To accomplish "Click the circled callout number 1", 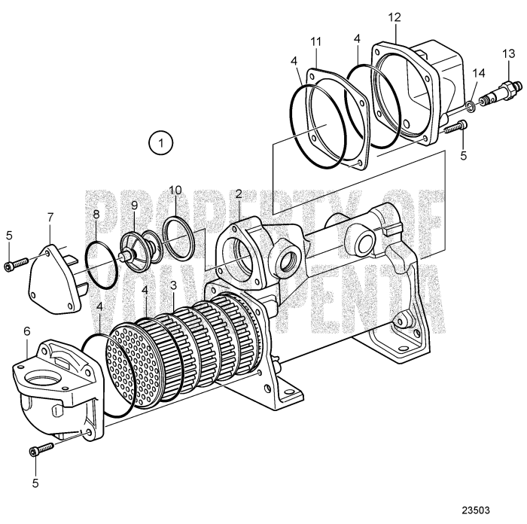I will tap(160, 141).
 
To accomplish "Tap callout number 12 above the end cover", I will tap(394, 17).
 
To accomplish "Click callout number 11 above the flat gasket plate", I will tap(315, 40).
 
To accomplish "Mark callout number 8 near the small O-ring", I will tap(96, 215).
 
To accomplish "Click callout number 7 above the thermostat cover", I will tap(51, 217).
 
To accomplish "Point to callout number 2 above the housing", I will tap(238, 193).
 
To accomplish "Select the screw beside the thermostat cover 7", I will tap(16, 263).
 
